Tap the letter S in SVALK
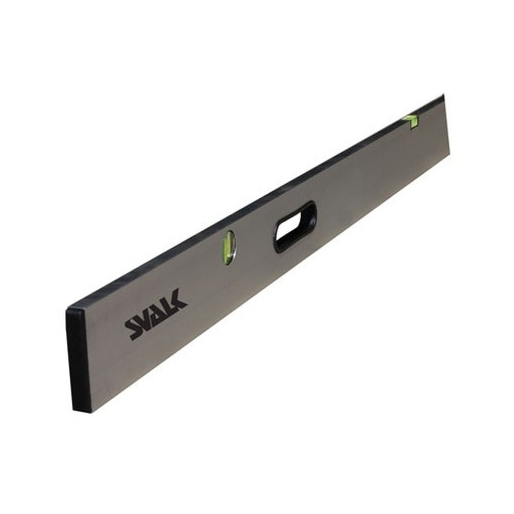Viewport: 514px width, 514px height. [133, 328]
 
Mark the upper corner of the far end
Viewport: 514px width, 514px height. [443, 97]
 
